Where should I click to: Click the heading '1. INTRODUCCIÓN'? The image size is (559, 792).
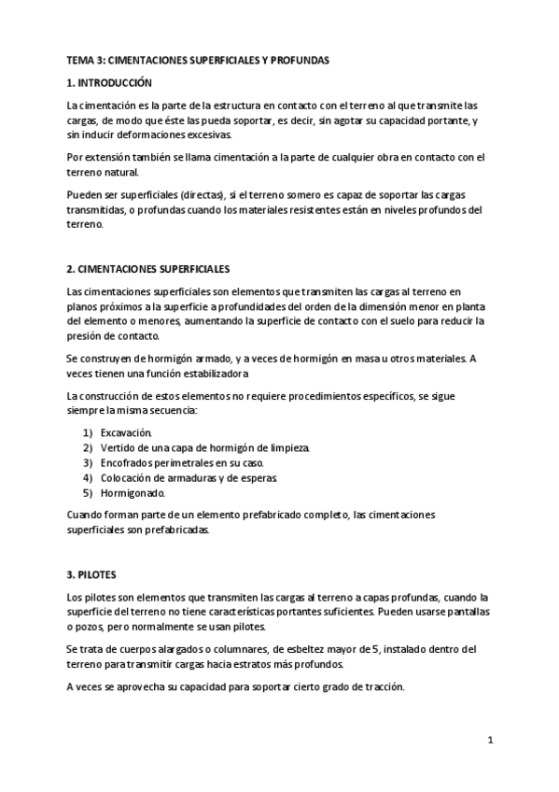tap(109, 83)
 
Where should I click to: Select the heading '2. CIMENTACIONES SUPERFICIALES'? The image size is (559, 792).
tap(149, 268)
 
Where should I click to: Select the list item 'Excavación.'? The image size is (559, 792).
tap(126, 432)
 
